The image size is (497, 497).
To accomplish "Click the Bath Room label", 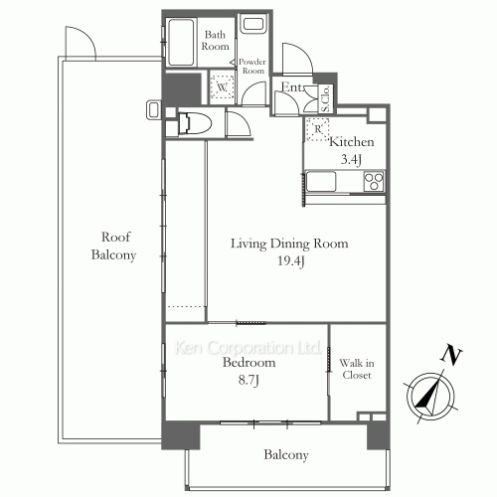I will [216, 41].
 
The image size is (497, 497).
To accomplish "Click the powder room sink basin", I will [252, 25].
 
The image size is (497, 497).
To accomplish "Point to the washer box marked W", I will [221, 87].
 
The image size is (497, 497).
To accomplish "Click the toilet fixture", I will [194, 124].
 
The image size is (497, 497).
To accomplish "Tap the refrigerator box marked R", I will [318, 128].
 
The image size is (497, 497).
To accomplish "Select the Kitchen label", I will [351, 140].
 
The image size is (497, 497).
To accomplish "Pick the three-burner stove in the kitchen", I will [374, 181].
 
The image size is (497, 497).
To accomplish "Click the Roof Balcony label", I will [117, 246].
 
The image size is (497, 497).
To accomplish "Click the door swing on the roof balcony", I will [78, 43].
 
